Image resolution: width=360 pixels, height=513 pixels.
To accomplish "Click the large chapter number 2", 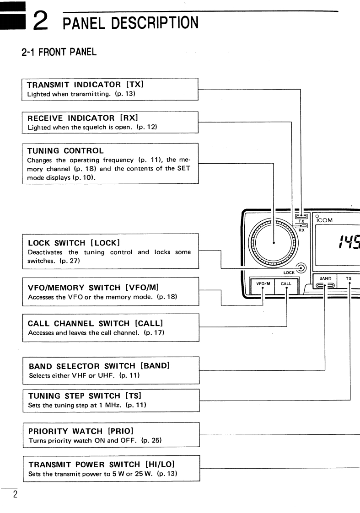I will [42, 21].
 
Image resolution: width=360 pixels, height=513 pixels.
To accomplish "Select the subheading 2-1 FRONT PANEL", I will [59, 52].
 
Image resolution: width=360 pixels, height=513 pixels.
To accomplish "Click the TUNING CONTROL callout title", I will [65, 150].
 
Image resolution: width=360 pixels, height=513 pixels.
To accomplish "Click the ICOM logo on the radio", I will [324, 220].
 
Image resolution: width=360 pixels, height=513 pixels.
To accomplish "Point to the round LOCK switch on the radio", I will [300, 268].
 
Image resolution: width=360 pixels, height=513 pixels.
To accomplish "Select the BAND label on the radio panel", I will [325, 278].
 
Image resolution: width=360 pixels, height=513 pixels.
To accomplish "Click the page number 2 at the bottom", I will [15, 494].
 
